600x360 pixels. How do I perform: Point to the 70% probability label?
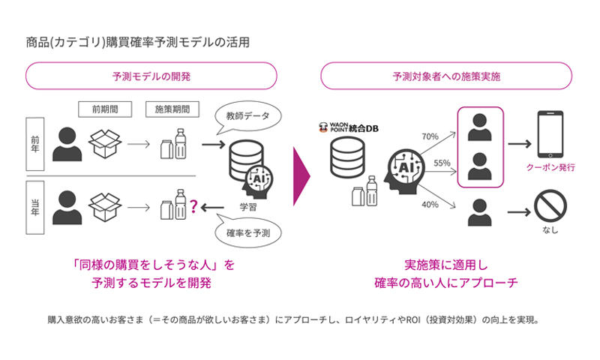(x=430, y=137)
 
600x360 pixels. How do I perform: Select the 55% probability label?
(x=442, y=163)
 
